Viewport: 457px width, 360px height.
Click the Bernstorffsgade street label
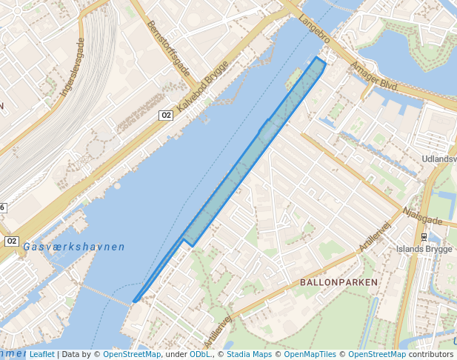169,50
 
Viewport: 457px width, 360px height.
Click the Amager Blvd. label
375,76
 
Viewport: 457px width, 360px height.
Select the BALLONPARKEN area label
338,282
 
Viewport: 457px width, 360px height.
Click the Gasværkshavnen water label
73,247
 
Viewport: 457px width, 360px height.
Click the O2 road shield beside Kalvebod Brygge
166,115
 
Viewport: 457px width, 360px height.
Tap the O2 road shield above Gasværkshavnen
11,241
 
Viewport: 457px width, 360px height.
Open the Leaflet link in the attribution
41,354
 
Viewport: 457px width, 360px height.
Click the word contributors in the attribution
430,354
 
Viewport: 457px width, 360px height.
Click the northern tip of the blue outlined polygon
318,57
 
